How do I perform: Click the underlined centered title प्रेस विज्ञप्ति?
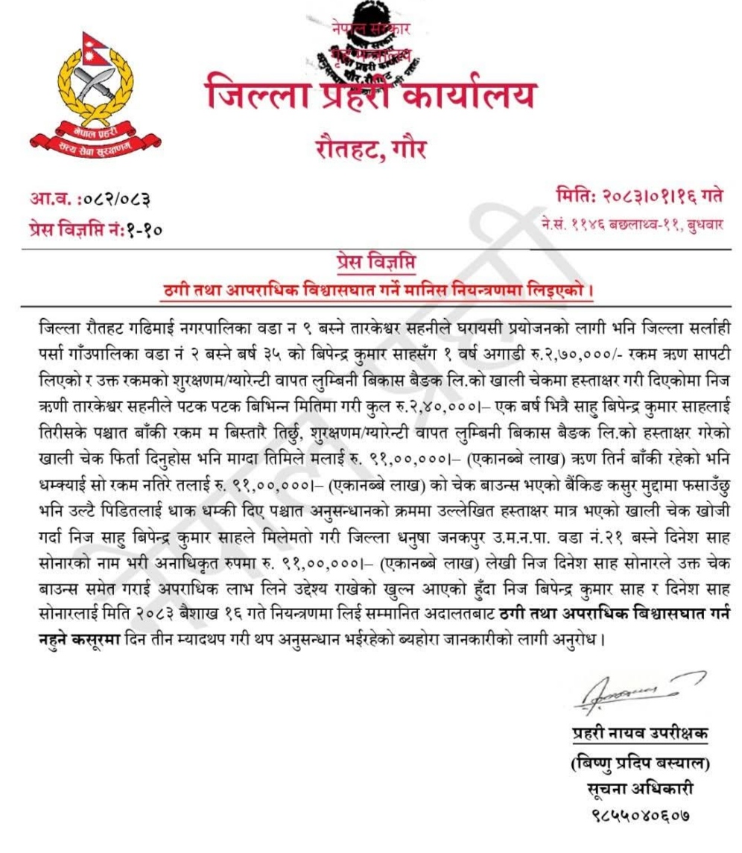(370, 263)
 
